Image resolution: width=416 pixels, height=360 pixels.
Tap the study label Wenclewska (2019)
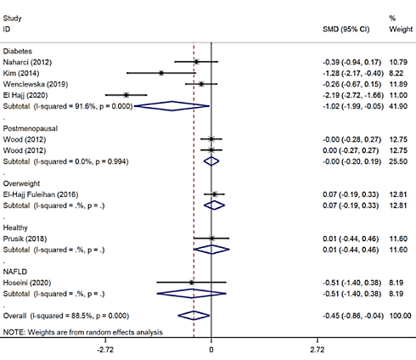32,84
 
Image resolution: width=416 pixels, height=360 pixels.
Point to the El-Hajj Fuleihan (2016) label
40,194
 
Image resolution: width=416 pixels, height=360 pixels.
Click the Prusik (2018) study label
25,239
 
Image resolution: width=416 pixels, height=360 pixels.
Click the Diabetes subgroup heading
20,50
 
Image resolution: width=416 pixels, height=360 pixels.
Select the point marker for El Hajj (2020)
126,95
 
